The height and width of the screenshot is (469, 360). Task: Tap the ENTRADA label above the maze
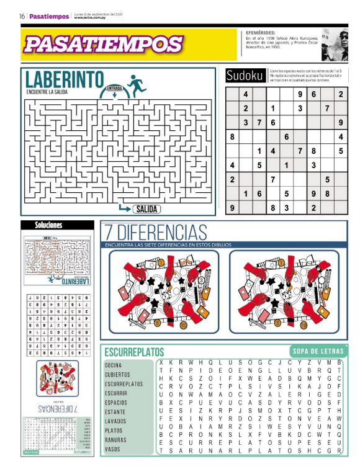pyautogui.click(x=114, y=88)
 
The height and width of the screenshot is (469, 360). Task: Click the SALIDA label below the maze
pyautogui.click(x=146, y=209)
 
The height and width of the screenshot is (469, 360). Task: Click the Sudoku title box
pyautogui.click(x=245, y=76)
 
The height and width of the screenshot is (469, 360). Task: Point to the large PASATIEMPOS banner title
pyautogui.click(x=104, y=45)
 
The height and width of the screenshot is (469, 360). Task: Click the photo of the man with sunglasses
pyautogui.click(x=335, y=45)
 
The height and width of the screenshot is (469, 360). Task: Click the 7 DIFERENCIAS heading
pyautogui.click(x=155, y=233)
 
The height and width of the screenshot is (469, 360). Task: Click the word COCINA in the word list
pyautogui.click(x=114, y=365)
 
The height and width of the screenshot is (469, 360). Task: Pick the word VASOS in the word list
pyautogui.click(x=112, y=449)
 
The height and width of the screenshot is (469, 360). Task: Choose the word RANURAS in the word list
pyautogui.click(x=115, y=440)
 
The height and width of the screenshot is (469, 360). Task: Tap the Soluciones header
pyautogui.click(x=48, y=225)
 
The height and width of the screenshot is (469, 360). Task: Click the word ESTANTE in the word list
pyautogui.click(x=115, y=412)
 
